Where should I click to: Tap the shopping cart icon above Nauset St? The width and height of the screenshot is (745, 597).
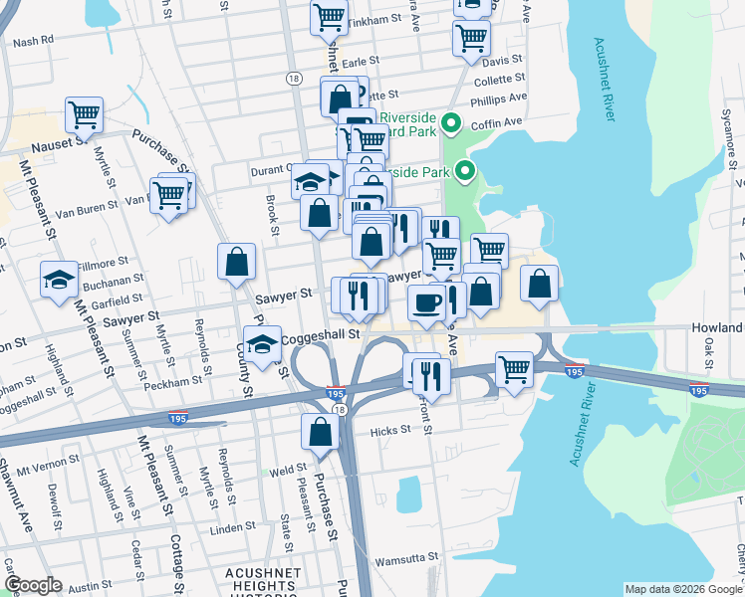[x=84, y=114]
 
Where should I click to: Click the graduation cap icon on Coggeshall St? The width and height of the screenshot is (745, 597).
[x=262, y=345]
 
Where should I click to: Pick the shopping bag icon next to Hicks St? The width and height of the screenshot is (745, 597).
[x=320, y=432]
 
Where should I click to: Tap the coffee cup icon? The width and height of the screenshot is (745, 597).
[x=426, y=301]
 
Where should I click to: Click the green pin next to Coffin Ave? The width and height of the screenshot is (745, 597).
[x=450, y=124]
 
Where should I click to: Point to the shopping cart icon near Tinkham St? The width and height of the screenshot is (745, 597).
[x=329, y=17]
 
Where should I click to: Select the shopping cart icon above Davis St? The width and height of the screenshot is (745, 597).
[x=471, y=38]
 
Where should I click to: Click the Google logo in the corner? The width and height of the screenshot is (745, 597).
[x=33, y=585]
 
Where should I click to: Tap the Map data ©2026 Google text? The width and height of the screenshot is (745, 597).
[x=682, y=589]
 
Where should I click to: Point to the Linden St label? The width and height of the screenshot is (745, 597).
[x=247, y=526]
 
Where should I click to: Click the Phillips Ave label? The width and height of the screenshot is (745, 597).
[x=500, y=99]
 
